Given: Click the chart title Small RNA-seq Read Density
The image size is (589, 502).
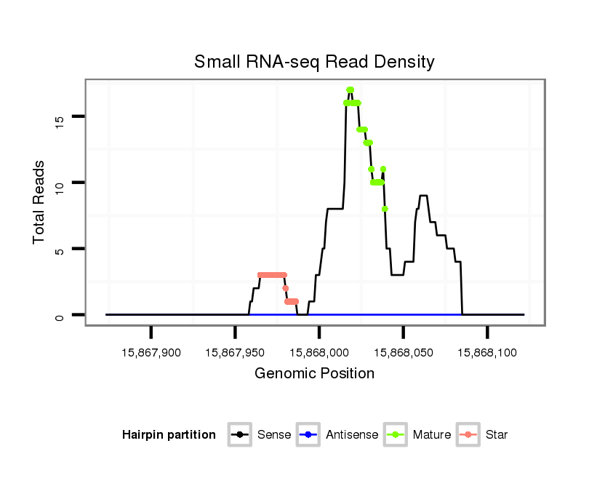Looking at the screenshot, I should click(x=314, y=62).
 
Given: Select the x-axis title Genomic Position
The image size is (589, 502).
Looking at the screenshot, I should click(x=314, y=374).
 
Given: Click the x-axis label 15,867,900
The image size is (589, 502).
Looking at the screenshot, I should click(x=151, y=352).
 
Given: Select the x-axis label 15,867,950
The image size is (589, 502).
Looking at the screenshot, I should click(x=235, y=352).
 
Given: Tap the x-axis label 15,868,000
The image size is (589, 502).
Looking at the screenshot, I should click(x=319, y=352).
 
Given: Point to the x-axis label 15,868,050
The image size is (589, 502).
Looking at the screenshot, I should click(x=403, y=352).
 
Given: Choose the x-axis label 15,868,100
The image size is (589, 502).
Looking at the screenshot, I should click(x=487, y=352).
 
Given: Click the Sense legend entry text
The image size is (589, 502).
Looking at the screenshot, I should click(x=274, y=435).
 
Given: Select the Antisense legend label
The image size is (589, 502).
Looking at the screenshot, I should click(x=352, y=435).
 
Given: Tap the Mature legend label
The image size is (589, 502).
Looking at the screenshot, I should click(x=432, y=435).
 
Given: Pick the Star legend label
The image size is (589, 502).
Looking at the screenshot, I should click(x=496, y=435).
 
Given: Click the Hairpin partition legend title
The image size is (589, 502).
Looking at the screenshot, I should click(x=169, y=435).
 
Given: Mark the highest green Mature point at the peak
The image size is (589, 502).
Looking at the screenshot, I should click(x=350, y=90).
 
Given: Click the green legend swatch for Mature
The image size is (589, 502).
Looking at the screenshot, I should click(x=398, y=435).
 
